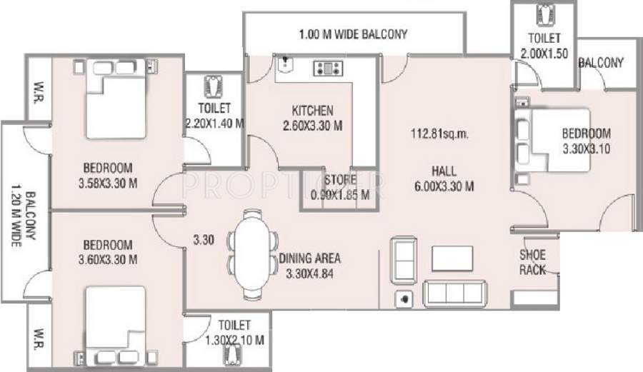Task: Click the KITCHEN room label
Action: click(x=312, y=111)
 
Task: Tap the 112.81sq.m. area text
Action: click(x=439, y=134)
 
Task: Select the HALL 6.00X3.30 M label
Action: click(x=443, y=179)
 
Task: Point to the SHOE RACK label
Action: click(x=533, y=262)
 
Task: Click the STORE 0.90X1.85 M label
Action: click(x=335, y=186)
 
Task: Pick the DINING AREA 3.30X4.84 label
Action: click(x=309, y=266)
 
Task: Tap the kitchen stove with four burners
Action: click(x=329, y=69)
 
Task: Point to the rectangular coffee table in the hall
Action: click(x=452, y=257)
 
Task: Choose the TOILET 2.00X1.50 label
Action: click(x=544, y=45)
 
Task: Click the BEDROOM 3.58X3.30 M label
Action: click(x=108, y=175)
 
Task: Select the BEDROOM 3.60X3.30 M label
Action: click(x=108, y=251)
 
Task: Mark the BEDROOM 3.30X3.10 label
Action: click(x=586, y=141)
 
